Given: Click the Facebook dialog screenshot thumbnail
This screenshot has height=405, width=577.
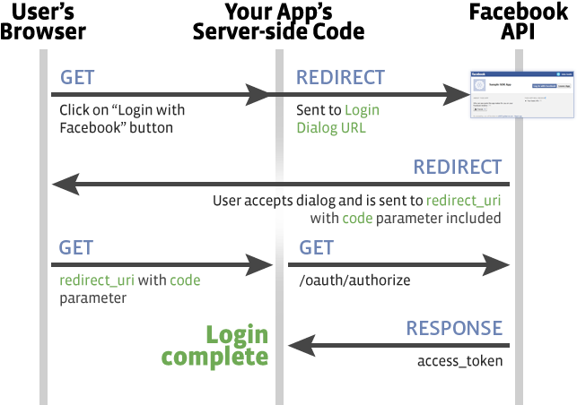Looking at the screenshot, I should pos(520,93).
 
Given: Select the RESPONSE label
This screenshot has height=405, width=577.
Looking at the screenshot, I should pos(454,329).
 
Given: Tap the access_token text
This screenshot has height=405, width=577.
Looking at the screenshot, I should pos(459,361).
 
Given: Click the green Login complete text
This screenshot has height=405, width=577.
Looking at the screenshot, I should pos(216,346).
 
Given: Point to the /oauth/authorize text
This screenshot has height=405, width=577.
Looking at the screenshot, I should pos(354,280).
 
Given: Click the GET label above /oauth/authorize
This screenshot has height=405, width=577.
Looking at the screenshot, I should pos(316,247).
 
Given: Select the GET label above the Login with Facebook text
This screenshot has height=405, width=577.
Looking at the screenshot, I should pos(78,77).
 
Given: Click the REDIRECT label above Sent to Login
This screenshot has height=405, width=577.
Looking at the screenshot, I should pos(340,78).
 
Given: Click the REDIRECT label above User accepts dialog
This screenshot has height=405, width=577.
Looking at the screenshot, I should pos(457,168).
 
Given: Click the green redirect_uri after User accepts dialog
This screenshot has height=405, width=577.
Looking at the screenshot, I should pos(464,200).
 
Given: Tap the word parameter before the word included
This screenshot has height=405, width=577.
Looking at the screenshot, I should pos(406,217).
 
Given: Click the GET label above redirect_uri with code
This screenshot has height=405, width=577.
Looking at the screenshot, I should pos(76,247).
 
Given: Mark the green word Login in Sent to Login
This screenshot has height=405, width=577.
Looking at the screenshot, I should pos(363,111).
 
